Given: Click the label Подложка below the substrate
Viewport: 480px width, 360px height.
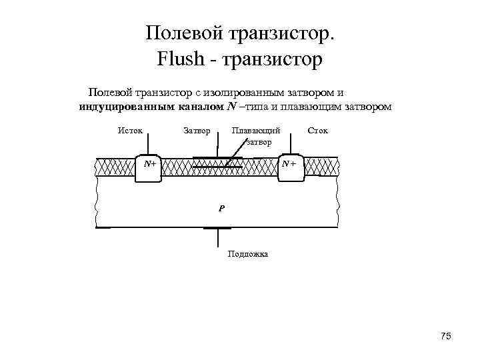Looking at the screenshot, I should (248, 254).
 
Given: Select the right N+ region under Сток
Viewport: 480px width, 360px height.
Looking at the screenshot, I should (289, 164).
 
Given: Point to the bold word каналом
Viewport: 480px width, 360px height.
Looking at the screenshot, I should (203, 107).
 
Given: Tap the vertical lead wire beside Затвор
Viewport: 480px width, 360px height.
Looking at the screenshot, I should (218, 143).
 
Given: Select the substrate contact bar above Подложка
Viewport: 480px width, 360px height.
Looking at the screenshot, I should (217, 229).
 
